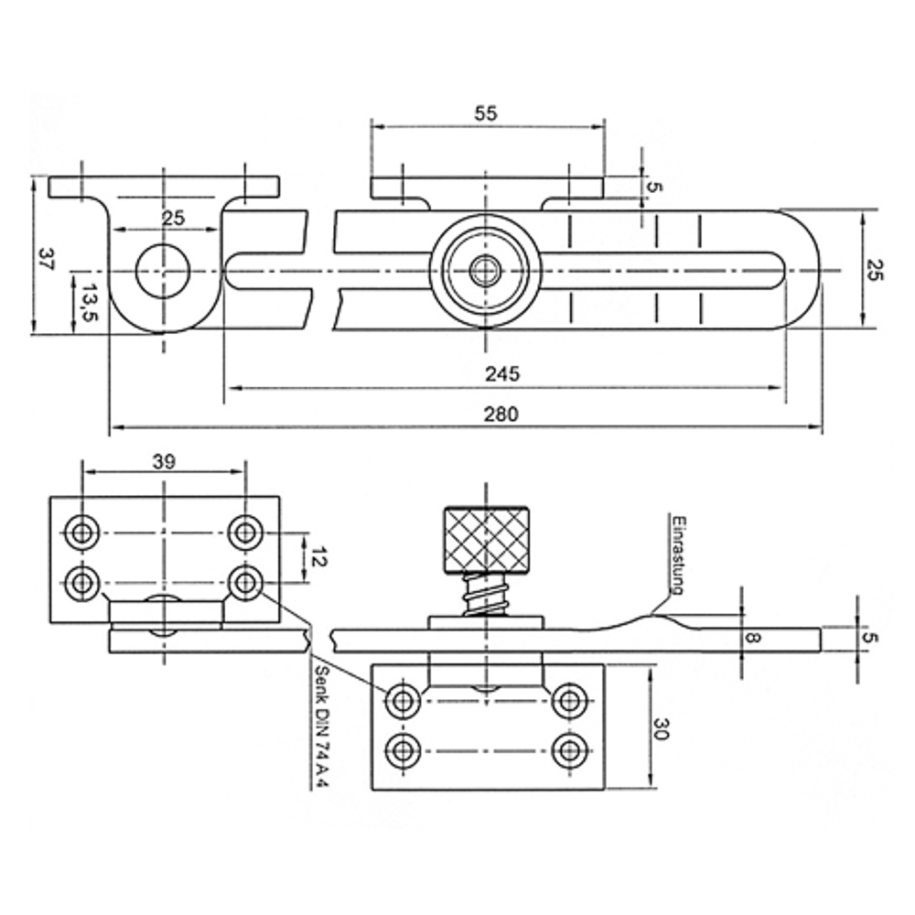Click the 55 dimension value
486,113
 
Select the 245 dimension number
501,373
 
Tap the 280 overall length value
501,414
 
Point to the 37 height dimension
46,259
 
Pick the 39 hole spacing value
164,461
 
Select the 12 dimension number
319,556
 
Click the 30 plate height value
660,728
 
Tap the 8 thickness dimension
753,637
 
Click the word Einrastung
678,555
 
